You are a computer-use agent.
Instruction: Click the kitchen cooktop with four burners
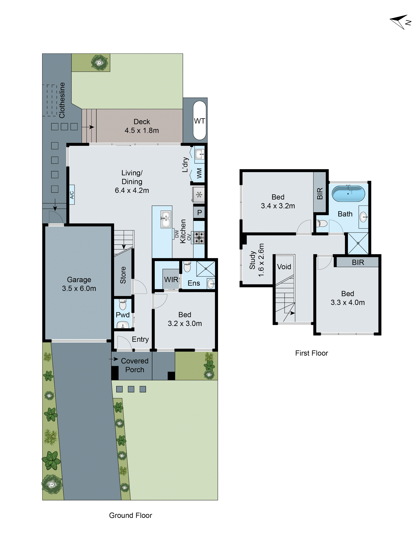[x=199, y=238]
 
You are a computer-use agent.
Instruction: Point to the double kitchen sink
[x=166, y=219]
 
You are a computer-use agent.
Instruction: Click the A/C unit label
[x=72, y=195]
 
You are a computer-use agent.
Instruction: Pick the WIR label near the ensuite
[x=171, y=279]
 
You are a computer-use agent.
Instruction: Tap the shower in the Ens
[x=206, y=269]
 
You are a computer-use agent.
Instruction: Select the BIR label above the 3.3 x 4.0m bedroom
[x=358, y=262]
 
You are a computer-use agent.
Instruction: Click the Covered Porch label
[x=135, y=365]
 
